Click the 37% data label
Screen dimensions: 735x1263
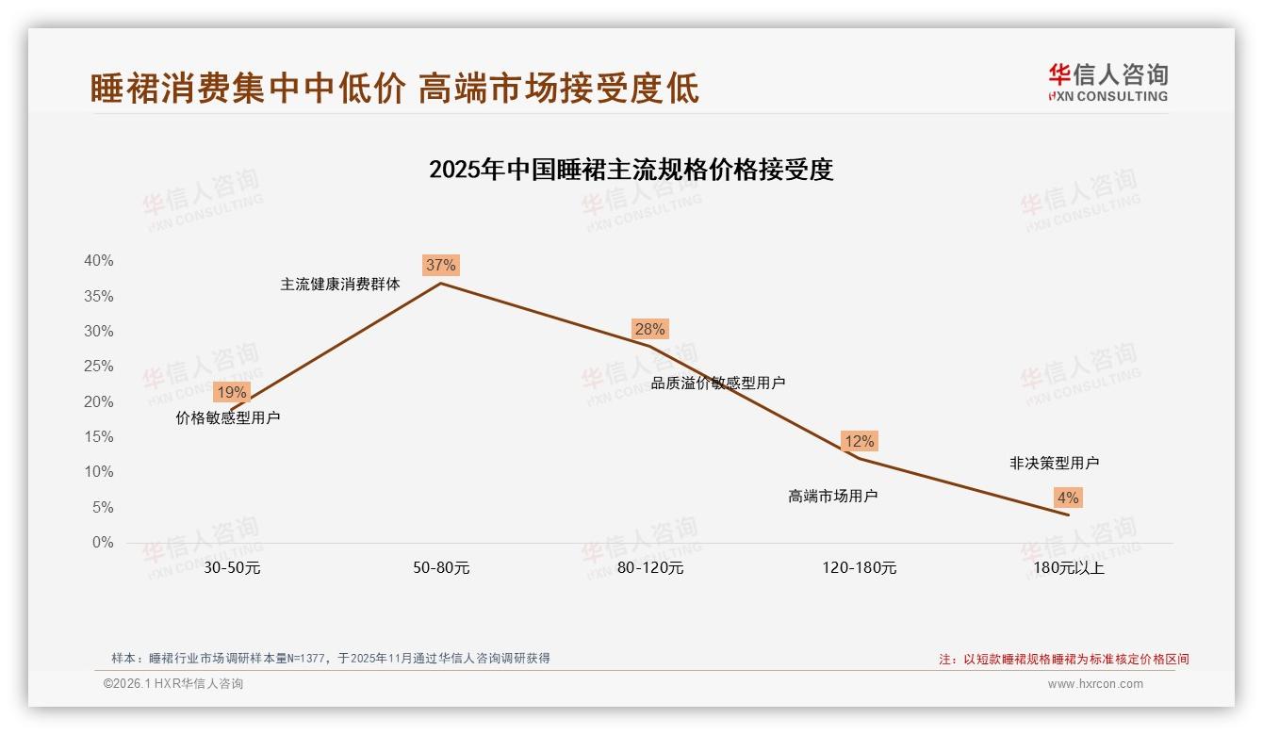[440, 266]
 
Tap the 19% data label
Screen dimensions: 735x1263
[231, 392]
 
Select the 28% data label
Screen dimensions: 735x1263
[649, 329]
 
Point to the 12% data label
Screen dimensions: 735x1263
[859, 441]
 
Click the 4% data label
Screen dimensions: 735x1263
[1068, 498]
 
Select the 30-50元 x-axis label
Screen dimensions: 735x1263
[232, 568]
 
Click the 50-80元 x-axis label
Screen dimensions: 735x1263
[441, 568]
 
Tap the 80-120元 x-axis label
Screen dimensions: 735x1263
[650, 568]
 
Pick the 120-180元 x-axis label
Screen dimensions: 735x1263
[860, 568]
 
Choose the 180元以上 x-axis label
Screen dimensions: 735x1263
[1069, 568]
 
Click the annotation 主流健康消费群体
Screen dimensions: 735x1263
[340, 284]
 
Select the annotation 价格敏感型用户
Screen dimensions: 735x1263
[228, 417]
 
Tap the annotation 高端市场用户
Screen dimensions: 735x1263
[833, 496]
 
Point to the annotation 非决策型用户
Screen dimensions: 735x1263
[1054, 463]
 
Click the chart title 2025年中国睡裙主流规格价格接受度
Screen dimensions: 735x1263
[631, 170]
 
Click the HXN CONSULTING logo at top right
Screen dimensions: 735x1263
[1107, 83]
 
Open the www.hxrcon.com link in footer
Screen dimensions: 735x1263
[1095, 684]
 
